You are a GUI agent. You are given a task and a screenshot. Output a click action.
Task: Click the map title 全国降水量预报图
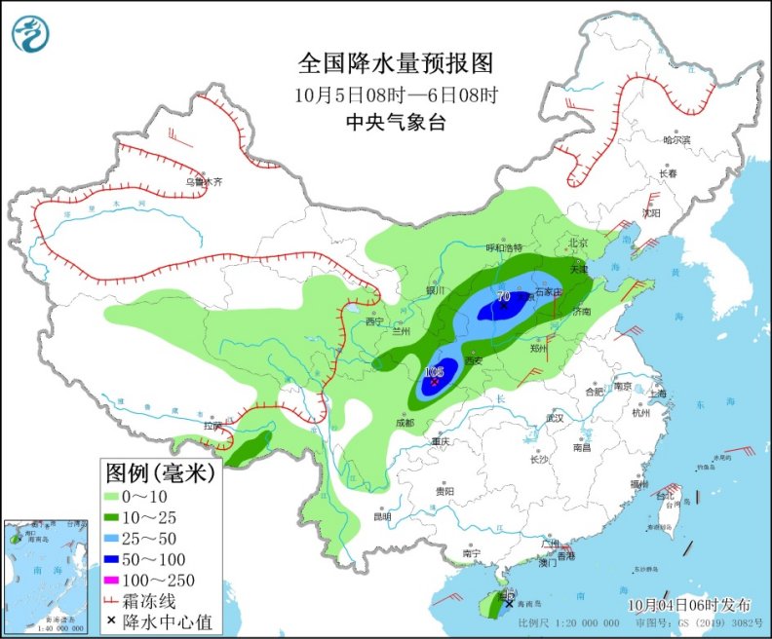(x=396, y=63)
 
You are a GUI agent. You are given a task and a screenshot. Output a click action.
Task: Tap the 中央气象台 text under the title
(x=396, y=122)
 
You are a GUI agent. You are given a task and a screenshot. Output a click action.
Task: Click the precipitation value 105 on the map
(x=434, y=371)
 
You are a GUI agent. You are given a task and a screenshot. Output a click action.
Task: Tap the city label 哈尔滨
(x=675, y=140)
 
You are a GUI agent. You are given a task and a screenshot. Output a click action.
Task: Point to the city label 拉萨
(x=212, y=426)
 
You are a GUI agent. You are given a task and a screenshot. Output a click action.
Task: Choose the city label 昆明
(x=382, y=515)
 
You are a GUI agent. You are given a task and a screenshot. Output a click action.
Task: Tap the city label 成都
(x=405, y=423)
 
